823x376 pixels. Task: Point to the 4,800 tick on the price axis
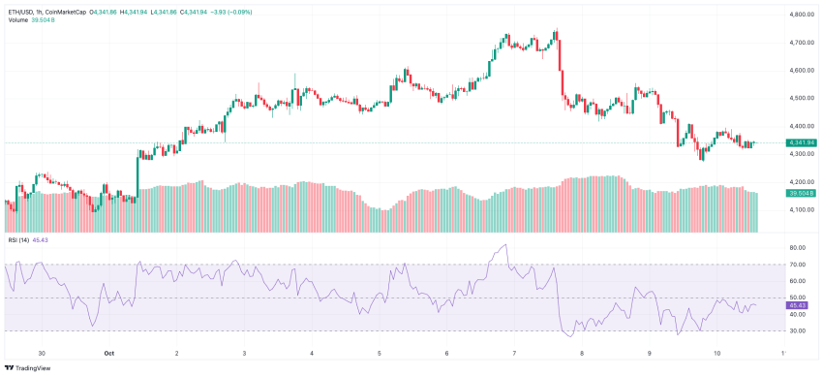800,15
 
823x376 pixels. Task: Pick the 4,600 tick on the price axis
800,70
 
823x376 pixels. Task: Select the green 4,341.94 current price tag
802,142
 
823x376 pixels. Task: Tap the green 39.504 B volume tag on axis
802,194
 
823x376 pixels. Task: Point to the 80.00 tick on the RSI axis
798,247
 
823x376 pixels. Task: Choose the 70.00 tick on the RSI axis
798,264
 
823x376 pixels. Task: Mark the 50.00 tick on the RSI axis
798,298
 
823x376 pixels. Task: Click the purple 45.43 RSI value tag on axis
798,305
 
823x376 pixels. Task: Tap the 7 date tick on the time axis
514,355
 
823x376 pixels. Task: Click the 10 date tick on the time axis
716,355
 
